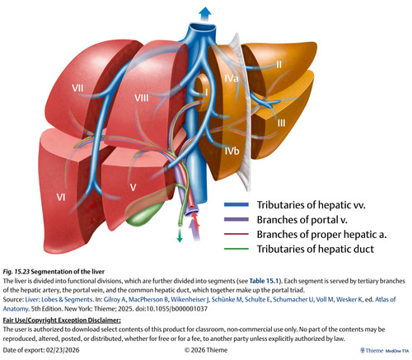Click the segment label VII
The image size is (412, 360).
tap(77, 88)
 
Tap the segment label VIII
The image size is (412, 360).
tap(142, 98)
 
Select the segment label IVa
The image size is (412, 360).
tap(231, 78)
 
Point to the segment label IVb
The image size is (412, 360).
tap(232, 151)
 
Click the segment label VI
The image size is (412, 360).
tap(61, 197)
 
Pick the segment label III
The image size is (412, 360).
tap(281, 123)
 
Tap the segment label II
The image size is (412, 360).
tap(279, 64)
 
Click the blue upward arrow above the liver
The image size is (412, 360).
tap(205, 14)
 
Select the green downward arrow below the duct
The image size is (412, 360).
tap(180, 236)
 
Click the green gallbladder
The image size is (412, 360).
tap(144, 216)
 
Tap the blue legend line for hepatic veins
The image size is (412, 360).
tap(236, 204)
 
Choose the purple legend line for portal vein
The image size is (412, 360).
tap(236, 219)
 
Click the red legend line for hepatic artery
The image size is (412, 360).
tap(236, 234)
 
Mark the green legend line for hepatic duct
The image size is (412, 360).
tap(236, 249)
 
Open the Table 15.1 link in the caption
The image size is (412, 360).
tap(264, 281)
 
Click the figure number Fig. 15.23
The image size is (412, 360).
tap(16, 272)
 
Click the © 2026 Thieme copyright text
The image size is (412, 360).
tap(206, 350)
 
